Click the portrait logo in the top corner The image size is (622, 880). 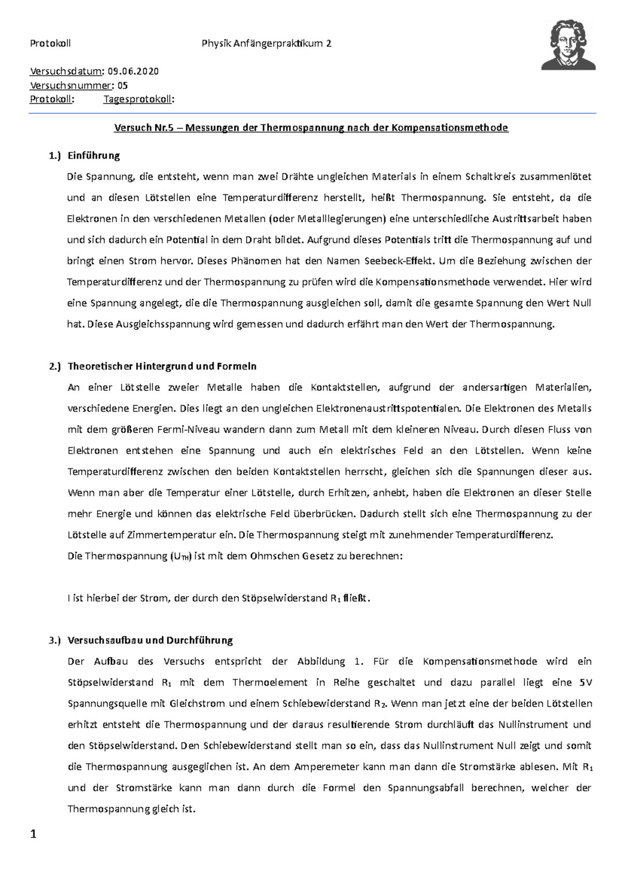pyautogui.click(x=569, y=45)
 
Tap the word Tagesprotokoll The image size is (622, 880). pyautogui.click(x=137, y=100)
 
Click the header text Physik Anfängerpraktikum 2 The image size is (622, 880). pyautogui.click(x=266, y=44)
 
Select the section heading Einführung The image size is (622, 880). pyautogui.click(x=94, y=155)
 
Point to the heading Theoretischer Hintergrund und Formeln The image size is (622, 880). pyautogui.click(x=162, y=366)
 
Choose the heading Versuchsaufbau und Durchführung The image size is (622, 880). pyautogui.click(x=150, y=640)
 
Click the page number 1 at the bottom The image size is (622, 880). pyautogui.click(x=34, y=834)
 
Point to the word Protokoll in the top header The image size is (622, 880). pyautogui.click(x=50, y=44)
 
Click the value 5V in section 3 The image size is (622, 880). pyautogui.click(x=585, y=683)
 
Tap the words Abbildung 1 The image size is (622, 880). pyautogui.click(x=327, y=661)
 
